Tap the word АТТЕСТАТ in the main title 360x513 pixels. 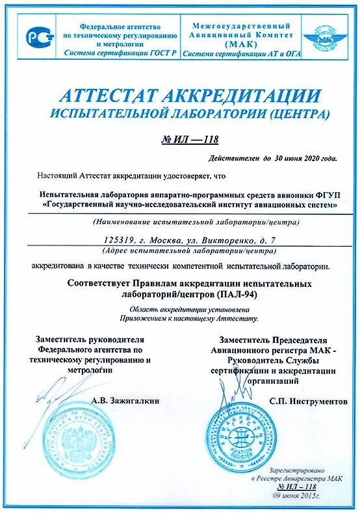pyautogui.click(x=105, y=95)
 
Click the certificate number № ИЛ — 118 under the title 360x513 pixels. pyautogui.click(x=189, y=139)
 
